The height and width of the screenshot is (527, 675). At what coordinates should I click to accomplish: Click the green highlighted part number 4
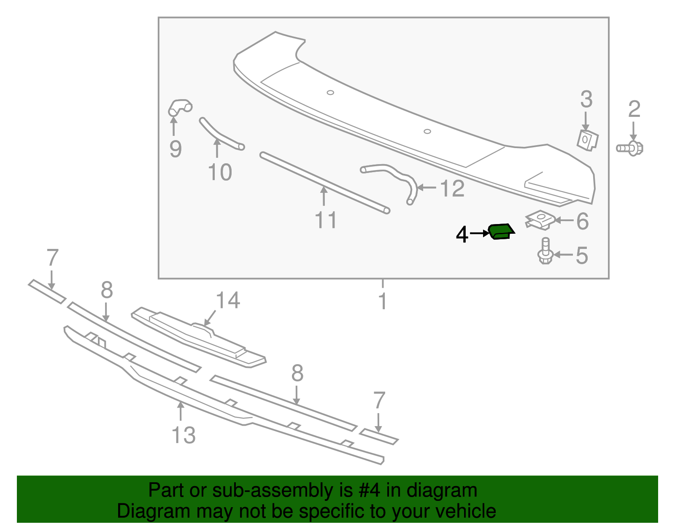tap(501, 231)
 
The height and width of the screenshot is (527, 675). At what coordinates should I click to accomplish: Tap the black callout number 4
tap(462, 235)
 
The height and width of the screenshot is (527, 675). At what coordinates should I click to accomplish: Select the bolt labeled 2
tap(630, 148)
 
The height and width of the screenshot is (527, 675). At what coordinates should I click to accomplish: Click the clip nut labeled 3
tap(587, 140)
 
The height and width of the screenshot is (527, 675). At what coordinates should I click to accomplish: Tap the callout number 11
tap(326, 220)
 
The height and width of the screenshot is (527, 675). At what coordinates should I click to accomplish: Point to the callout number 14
tap(228, 300)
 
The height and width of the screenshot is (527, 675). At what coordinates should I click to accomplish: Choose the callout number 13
tap(184, 435)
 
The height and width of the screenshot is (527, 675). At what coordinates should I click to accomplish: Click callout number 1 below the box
tap(382, 301)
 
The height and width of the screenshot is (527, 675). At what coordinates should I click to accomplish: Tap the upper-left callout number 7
tap(52, 257)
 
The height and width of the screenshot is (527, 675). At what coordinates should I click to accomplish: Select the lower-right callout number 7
tap(379, 400)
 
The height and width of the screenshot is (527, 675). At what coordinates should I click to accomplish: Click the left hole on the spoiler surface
tap(330, 92)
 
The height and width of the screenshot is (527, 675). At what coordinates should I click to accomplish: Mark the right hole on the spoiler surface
tap(427, 131)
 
